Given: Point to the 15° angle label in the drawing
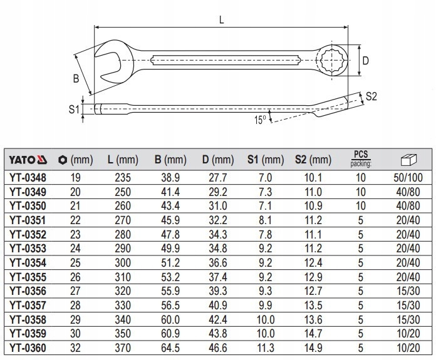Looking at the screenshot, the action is pyautogui.click(x=260, y=118).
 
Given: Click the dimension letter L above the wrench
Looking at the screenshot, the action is pyautogui.click(x=222, y=20).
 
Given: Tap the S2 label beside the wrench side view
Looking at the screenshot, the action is pyautogui.click(x=371, y=96).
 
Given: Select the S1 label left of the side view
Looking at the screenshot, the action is pyautogui.click(x=74, y=108).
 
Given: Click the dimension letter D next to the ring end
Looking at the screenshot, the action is pyautogui.click(x=365, y=61).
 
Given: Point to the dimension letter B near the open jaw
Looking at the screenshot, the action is pyautogui.click(x=75, y=78).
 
